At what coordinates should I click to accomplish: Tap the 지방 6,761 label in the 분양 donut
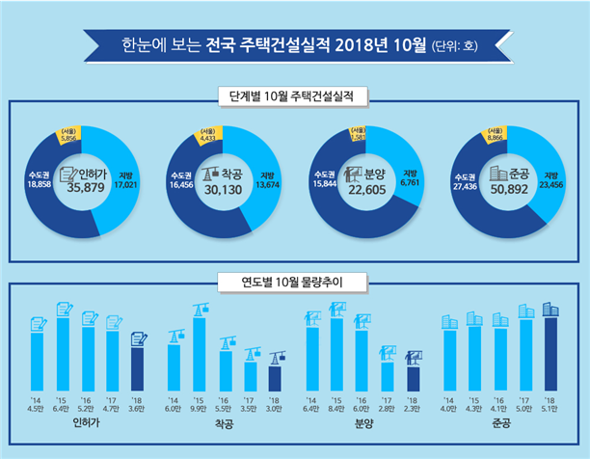pyautogui.click(x=409, y=180)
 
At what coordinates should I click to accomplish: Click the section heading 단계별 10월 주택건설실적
pyautogui.click(x=294, y=97)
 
